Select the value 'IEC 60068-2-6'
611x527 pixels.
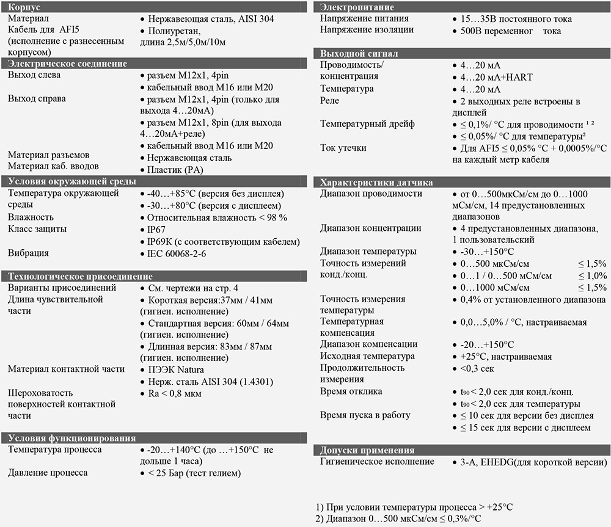coord(178,253)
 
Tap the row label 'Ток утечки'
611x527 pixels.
coord(343,148)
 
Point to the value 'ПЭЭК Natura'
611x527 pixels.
coord(176,369)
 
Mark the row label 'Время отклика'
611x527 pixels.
coord(351,391)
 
